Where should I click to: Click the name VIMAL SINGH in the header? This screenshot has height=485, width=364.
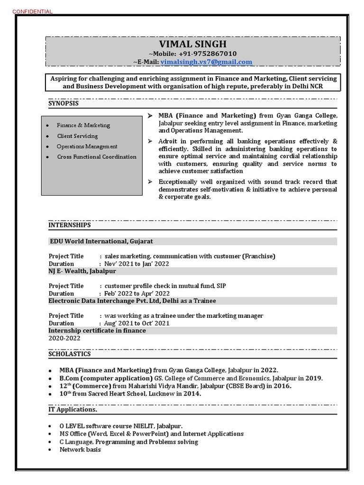pos(193,44)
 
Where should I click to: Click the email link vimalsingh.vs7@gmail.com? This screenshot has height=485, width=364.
pos(206,62)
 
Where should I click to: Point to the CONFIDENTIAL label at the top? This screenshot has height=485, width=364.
pos(32,11)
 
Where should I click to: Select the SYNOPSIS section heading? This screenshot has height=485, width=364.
pos(64,103)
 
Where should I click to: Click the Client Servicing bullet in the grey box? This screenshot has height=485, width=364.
pos(77,136)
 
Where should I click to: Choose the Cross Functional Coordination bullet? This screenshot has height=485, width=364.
pos(97,157)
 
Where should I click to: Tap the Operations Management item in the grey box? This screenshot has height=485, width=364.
pos(87,146)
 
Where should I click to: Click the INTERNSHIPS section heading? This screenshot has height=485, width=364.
pos(69,225)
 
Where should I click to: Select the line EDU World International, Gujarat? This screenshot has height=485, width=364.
pos(101,242)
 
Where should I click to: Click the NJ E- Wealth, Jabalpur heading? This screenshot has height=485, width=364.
pos(82,271)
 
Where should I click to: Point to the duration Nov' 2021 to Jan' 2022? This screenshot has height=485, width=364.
pos(136,264)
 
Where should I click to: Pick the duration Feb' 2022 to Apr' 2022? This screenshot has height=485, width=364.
pos(137,294)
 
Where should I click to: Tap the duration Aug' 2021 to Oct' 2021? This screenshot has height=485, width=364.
pos(137,323)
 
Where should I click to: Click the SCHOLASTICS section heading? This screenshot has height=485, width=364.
pos(70,354)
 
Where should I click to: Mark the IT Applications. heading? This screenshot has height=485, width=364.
pos(73,409)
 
